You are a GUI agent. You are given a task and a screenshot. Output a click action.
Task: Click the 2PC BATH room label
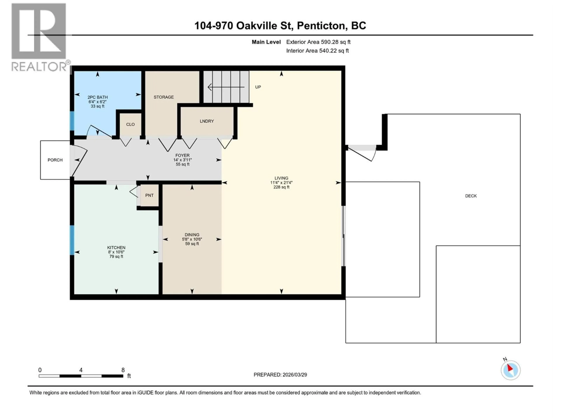coord(98,97)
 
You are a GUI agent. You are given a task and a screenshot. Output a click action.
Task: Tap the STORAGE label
coord(164,97)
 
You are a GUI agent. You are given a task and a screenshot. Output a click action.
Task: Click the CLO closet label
coord(130,124)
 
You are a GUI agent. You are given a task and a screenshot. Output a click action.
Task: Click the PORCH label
coord(55,160)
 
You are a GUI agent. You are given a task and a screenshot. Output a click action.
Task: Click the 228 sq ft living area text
coord(281,187)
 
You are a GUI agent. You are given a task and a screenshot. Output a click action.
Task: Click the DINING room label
coord(192,235)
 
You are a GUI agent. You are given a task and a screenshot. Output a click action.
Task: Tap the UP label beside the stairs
coord(258,87)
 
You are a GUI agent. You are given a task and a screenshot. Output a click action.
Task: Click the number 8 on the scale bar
coord(123,370)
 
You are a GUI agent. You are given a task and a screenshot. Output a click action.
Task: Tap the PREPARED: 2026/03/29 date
coord(280,375)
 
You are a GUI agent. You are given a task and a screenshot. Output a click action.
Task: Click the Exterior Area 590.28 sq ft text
coord(318,42)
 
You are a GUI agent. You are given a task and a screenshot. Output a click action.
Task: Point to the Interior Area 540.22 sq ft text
coord(317,51)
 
